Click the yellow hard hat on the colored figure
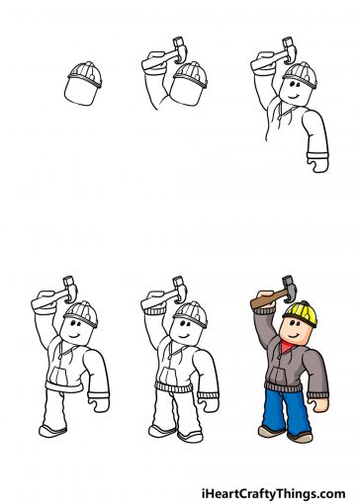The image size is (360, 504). (x=301, y=314)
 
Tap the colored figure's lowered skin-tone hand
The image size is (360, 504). (x=321, y=403)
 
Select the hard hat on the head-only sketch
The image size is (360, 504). (x=84, y=72)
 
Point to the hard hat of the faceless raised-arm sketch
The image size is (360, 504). (x=190, y=74)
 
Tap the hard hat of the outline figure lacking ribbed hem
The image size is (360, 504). (x=84, y=314)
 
